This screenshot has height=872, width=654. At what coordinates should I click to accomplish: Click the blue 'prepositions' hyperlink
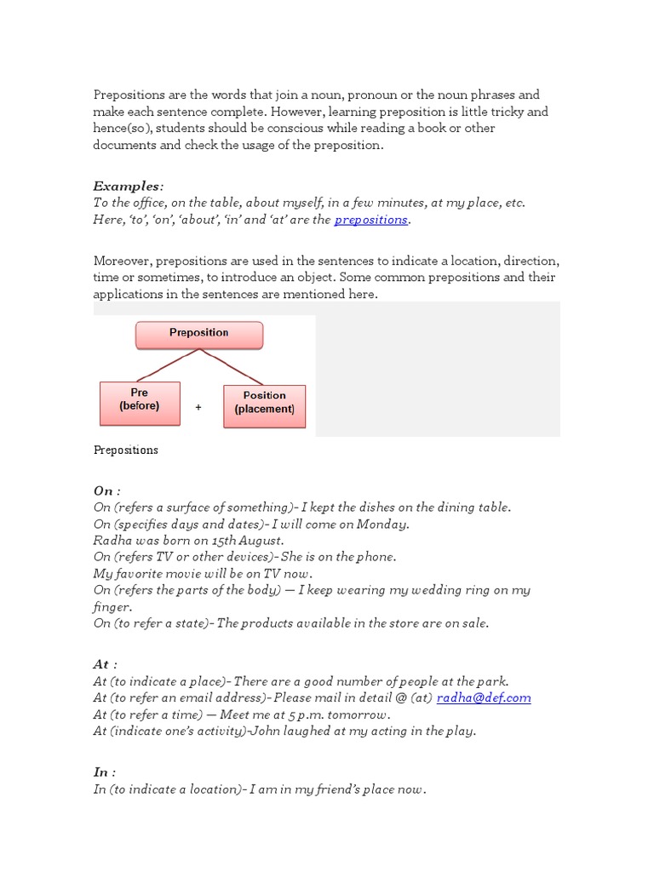[370, 220]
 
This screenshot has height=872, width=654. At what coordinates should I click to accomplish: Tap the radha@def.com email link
[484, 697]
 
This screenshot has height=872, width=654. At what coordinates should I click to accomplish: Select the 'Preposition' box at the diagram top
[199, 334]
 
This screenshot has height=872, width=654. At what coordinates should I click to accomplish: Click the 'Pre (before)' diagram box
[140, 402]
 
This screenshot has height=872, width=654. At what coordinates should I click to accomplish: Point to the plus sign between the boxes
[198, 407]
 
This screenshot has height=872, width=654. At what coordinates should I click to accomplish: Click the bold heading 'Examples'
[126, 186]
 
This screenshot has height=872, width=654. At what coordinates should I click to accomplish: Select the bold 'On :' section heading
[106, 490]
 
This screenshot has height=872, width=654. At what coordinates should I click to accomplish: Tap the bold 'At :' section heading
[105, 664]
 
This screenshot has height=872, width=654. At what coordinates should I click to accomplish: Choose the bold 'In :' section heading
[104, 772]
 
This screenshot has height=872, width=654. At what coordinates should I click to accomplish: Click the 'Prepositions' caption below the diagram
[125, 450]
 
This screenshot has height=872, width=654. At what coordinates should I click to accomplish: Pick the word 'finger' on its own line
[112, 606]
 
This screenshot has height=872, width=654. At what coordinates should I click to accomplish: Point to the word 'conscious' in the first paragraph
[296, 129]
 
